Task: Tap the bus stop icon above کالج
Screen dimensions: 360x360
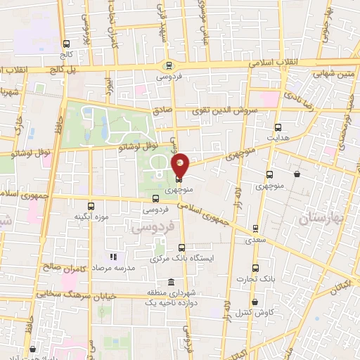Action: pyautogui.click(x=67, y=42)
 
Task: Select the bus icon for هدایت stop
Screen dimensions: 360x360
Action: pyautogui.click(x=278, y=127)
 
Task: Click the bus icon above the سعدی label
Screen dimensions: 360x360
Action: pyautogui.click(x=255, y=229)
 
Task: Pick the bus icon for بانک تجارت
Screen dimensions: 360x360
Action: pyautogui.click(x=256, y=268)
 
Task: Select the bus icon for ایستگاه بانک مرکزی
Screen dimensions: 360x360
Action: pyautogui.click(x=182, y=247)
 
